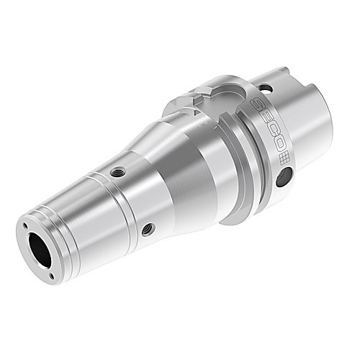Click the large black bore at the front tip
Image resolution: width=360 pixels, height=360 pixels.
(40, 250)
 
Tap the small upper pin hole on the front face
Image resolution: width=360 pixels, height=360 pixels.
(24, 225)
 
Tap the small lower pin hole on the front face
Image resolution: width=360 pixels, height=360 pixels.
(52, 276)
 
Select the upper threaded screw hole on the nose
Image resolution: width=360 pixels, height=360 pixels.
(117, 172)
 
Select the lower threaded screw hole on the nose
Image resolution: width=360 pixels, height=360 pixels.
(148, 229)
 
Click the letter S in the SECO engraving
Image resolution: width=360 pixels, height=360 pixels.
(257, 104)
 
